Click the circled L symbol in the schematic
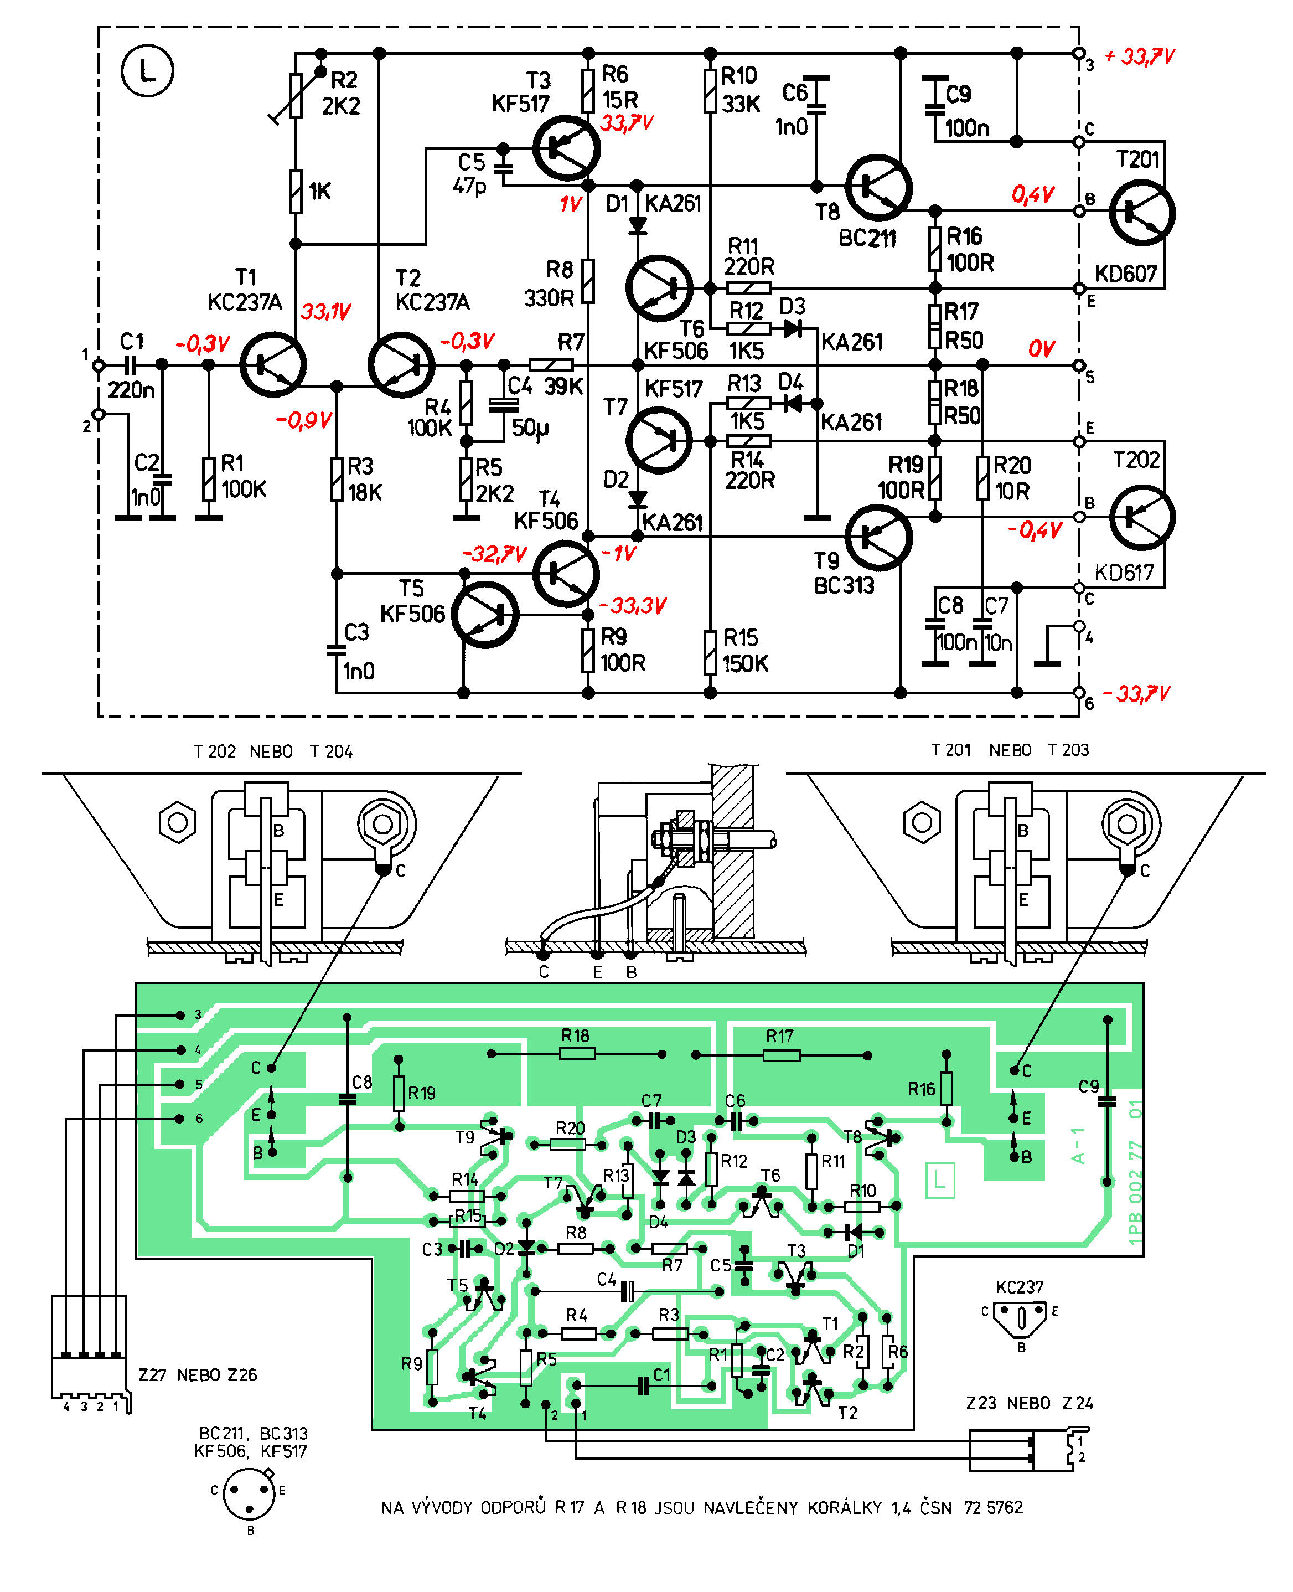click(x=147, y=71)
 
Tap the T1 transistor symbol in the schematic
click(x=272, y=365)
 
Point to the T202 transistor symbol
click(x=1142, y=517)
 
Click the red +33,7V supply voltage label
click(x=1140, y=56)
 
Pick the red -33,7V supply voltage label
click(x=1136, y=694)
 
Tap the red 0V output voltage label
click(x=1041, y=349)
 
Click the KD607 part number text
click(x=1125, y=274)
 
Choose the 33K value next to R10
click(x=741, y=104)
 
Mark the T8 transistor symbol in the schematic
click(x=879, y=188)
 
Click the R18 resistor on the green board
click(x=577, y=1054)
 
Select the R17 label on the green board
click(x=780, y=1035)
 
